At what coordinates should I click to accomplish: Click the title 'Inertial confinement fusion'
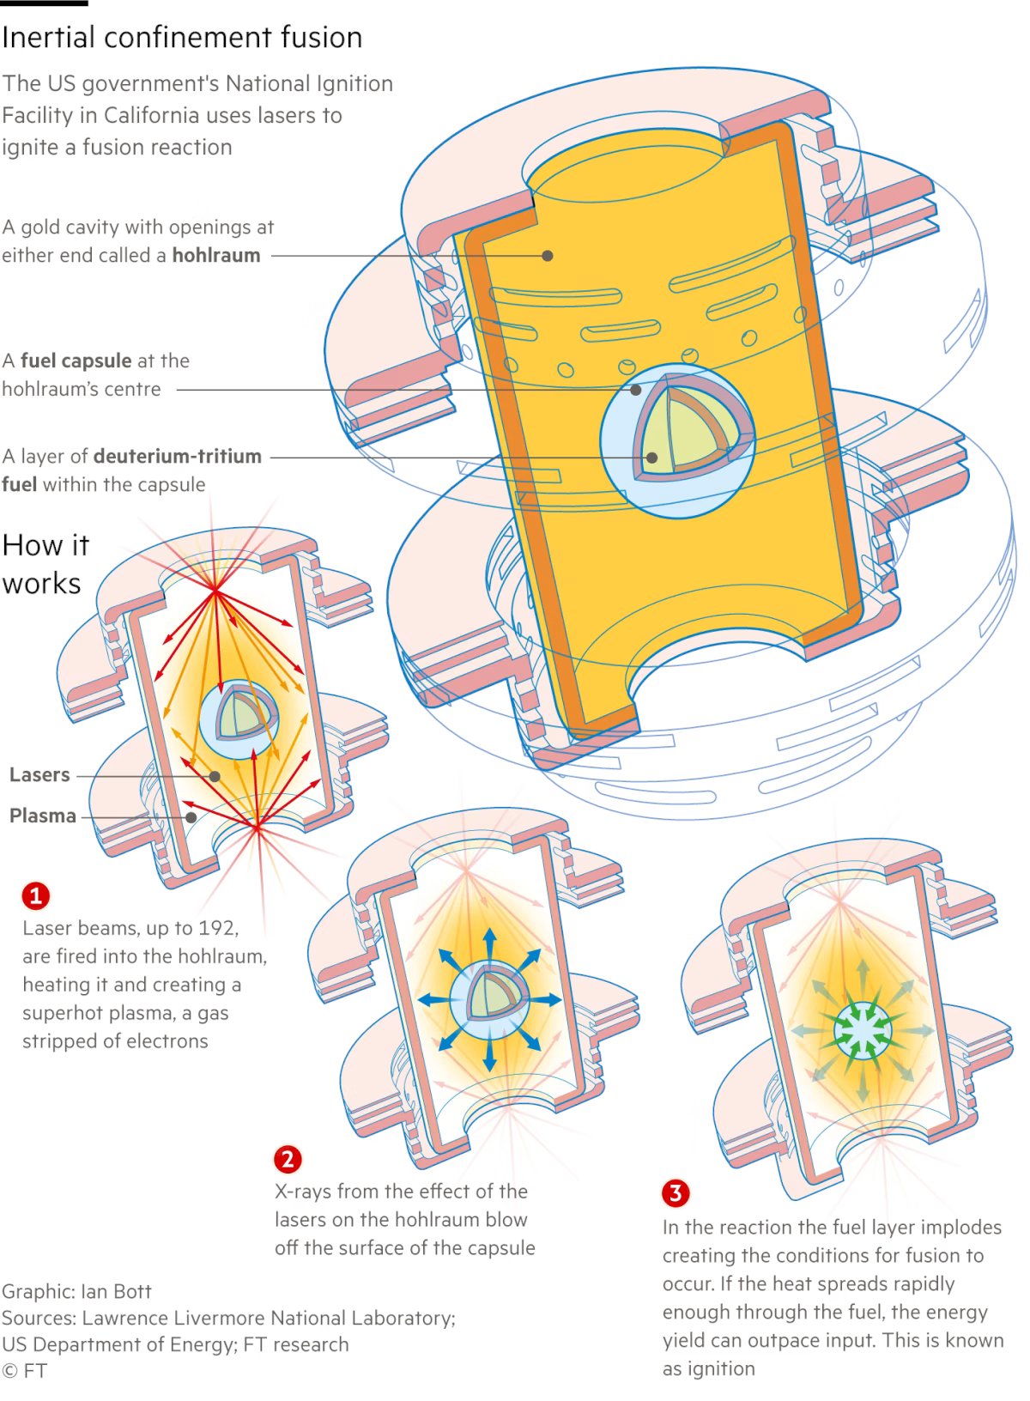click(x=182, y=38)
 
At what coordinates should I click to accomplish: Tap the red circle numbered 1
click(x=36, y=896)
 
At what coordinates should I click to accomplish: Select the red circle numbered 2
click(x=288, y=1160)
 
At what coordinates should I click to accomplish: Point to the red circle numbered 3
click(x=676, y=1192)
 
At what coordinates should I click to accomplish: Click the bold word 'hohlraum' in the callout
click(x=216, y=256)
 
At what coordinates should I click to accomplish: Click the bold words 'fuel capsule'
click(x=76, y=361)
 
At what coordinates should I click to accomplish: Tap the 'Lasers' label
click(x=39, y=774)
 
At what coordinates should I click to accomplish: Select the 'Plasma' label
click(x=43, y=816)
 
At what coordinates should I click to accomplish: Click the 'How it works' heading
click(x=45, y=564)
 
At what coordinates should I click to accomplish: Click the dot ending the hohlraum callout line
click(x=548, y=255)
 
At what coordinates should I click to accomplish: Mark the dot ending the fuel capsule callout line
click(x=636, y=390)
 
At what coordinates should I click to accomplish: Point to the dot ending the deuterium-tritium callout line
click(x=652, y=458)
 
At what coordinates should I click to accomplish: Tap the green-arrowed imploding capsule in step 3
click(x=863, y=1030)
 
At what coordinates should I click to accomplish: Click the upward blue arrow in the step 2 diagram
click(x=489, y=944)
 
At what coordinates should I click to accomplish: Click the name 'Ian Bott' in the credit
click(x=116, y=1291)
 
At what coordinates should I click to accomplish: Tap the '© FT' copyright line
click(x=24, y=1371)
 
